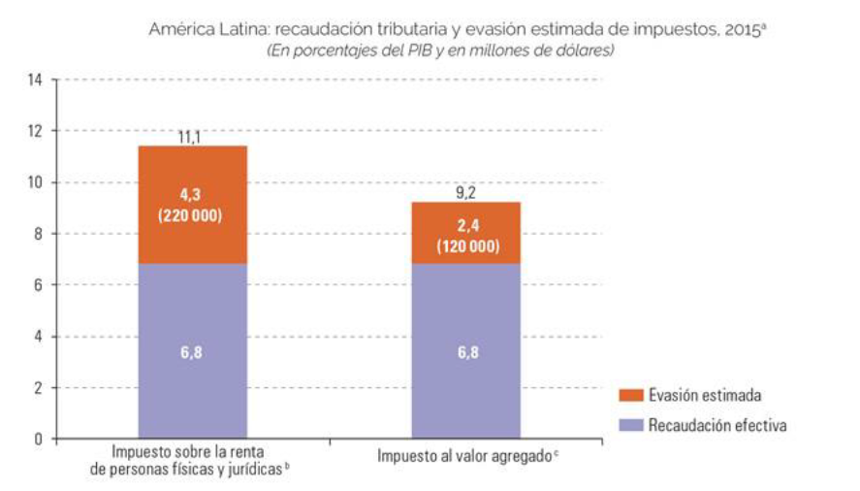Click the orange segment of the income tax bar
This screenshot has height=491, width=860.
point(192,175)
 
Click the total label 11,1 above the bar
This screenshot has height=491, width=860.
point(191,138)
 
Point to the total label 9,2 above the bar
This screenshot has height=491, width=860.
point(466,193)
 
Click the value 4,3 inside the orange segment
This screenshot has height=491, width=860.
point(191,194)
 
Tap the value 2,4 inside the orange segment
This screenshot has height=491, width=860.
point(466,227)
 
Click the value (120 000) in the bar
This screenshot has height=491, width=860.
point(466,246)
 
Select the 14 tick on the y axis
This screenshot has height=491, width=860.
point(38,80)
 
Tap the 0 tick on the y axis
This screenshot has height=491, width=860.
point(40,439)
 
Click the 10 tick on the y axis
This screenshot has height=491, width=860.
point(38,182)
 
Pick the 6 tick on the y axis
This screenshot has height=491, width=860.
point(40,285)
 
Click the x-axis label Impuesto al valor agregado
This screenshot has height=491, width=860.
point(464,456)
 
